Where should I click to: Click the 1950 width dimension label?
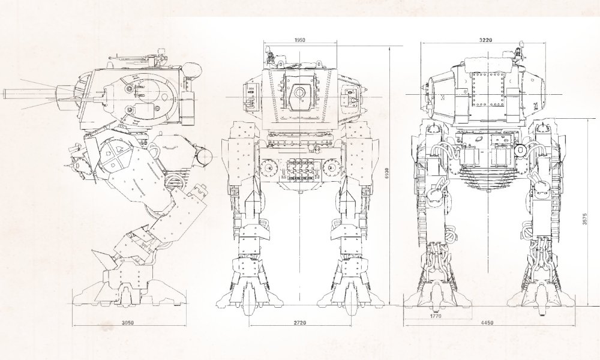(x=300, y=40)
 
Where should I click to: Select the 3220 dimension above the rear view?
(x=487, y=40)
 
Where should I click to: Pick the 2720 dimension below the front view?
(x=299, y=323)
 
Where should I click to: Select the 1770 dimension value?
(x=436, y=314)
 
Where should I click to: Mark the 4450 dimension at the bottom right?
(x=487, y=323)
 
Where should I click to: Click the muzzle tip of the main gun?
(x=6, y=93)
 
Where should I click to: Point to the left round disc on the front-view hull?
(x=269, y=166)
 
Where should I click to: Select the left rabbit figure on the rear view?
(x=438, y=187)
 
